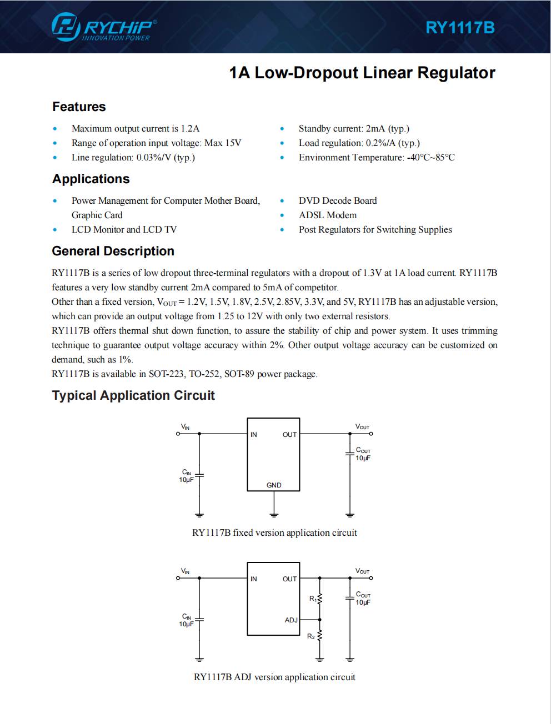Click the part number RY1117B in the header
click(x=460, y=28)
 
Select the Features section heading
click(x=79, y=107)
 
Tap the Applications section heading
click(x=91, y=179)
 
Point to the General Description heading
click(x=113, y=251)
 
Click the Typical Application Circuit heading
click(x=133, y=395)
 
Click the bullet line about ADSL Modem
click(x=327, y=215)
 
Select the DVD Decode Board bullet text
click(x=337, y=200)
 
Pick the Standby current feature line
click(x=353, y=128)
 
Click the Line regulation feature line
click(x=133, y=157)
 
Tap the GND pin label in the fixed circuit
click(x=274, y=485)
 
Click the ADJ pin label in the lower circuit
click(x=291, y=620)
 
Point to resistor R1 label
click(x=313, y=599)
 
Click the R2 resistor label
click(x=311, y=636)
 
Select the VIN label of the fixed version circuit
click(x=185, y=427)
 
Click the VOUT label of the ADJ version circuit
click(x=362, y=571)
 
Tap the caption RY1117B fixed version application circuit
click(x=274, y=532)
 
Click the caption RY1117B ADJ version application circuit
click(x=274, y=677)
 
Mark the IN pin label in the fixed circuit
click(x=254, y=435)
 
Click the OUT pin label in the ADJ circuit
click(x=289, y=579)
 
